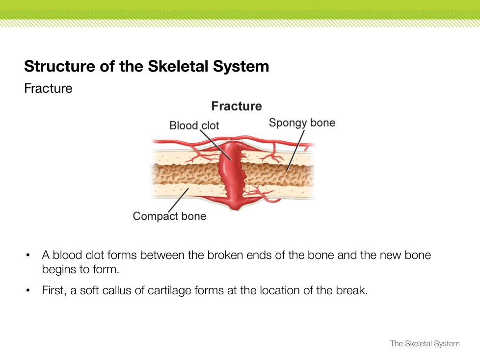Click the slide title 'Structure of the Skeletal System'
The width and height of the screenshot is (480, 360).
click(146, 66)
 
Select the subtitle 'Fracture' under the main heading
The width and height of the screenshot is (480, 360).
click(48, 89)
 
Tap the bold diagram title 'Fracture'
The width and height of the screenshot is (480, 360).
click(237, 106)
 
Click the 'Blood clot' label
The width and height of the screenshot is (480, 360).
click(194, 126)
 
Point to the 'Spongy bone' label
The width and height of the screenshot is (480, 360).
click(302, 123)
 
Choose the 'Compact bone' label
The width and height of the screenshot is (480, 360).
click(169, 216)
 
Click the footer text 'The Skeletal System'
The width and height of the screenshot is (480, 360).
click(425, 344)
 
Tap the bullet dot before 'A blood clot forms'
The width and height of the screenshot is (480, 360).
click(29, 256)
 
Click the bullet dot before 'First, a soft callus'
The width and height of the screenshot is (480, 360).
click(29, 291)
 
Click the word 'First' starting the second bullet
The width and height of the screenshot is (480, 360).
click(52, 290)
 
